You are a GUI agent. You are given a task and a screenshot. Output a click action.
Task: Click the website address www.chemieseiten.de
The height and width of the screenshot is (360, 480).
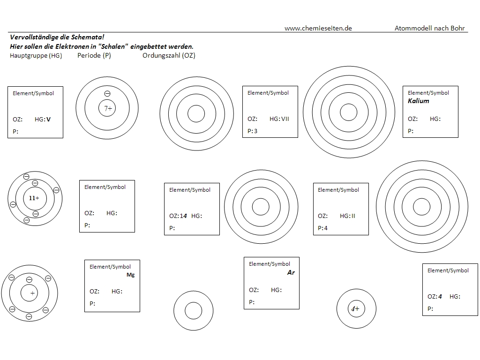[318, 28]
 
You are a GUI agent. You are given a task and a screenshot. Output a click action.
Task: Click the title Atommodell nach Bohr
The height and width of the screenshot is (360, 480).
[429, 28]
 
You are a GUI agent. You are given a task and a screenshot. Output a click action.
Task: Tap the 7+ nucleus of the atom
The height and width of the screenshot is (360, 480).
[107, 109]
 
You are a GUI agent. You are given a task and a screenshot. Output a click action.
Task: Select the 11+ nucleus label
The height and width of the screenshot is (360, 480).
[34, 198]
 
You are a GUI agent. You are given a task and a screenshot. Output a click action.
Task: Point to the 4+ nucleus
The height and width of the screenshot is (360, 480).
[356, 309]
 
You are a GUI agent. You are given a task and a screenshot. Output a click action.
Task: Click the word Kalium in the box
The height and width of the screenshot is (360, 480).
[418, 101]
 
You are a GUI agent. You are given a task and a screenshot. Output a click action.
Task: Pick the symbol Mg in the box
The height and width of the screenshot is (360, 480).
[130, 275]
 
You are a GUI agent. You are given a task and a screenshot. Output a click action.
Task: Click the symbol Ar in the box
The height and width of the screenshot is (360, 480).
[291, 272]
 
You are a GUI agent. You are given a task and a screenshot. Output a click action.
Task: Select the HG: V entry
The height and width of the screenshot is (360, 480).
[43, 120]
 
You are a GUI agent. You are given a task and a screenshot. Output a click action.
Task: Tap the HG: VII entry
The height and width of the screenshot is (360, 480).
[279, 119]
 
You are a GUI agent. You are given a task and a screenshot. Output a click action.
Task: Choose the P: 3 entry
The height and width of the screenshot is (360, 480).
[253, 131]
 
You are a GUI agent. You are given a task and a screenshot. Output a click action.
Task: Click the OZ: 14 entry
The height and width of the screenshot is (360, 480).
[178, 216]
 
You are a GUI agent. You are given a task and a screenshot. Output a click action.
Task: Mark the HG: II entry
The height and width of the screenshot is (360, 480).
[347, 216]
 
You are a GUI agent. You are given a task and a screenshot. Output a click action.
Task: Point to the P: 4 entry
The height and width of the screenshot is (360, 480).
[322, 228]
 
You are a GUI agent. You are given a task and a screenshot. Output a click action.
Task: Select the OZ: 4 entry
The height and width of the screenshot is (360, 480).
[435, 297]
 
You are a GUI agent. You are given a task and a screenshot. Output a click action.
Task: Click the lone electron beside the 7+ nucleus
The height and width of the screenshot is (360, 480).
[107, 94]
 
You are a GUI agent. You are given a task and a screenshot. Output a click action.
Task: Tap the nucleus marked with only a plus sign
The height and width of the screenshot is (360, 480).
[32, 293]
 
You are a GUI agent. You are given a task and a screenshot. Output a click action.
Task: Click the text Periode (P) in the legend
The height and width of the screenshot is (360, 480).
[94, 55]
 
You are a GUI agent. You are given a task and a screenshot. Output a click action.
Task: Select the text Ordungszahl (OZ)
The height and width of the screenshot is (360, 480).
[169, 55]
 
